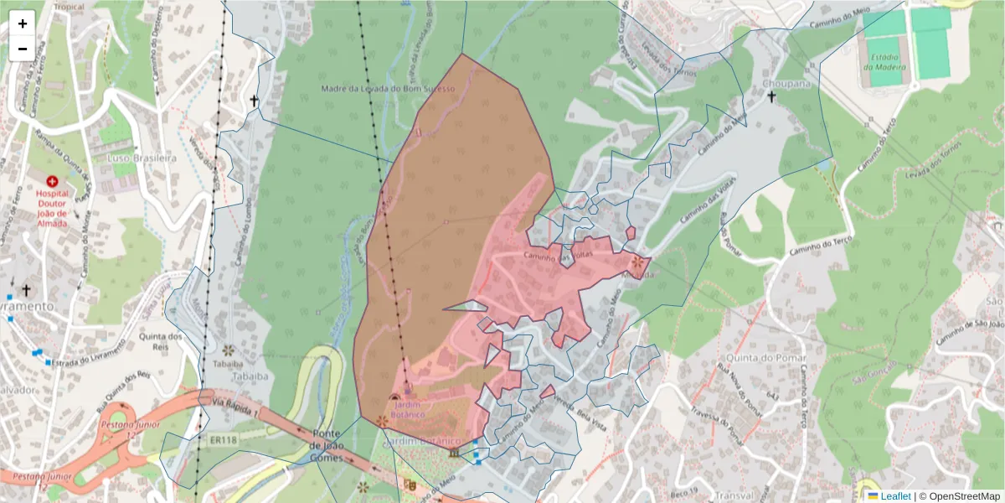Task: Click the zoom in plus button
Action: [x=23, y=23]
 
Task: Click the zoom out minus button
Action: [x=23, y=49]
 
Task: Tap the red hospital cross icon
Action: [x=52, y=181]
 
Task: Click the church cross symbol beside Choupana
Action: [x=771, y=97]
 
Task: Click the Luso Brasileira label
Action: [x=142, y=158]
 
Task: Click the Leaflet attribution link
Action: [x=895, y=495]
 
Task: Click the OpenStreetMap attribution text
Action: [x=959, y=495]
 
